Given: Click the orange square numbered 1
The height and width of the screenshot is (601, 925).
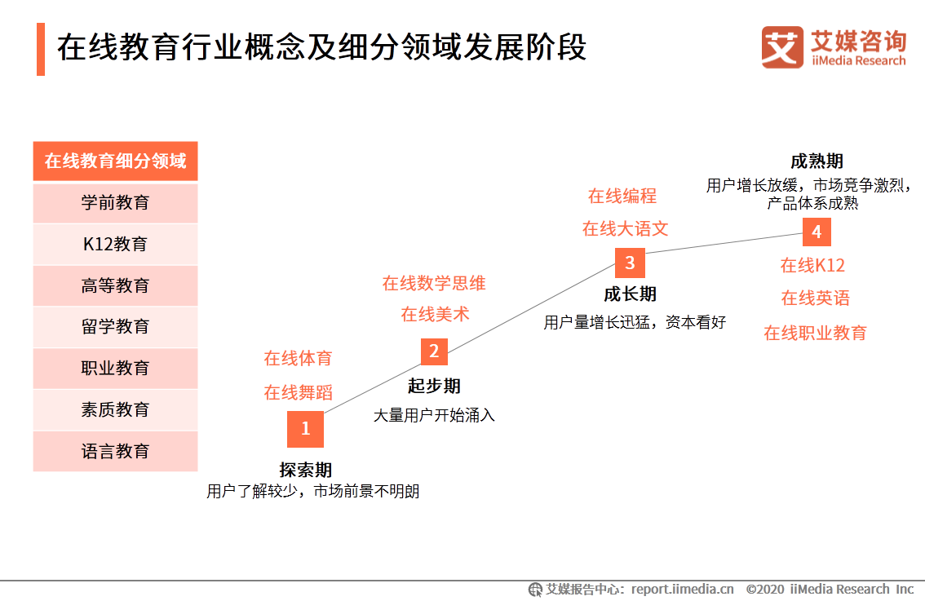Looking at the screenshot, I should coord(306,429).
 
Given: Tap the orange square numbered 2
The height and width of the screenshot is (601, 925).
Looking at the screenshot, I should coord(434,351).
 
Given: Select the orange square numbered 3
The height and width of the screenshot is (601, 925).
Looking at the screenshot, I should coord(630,263).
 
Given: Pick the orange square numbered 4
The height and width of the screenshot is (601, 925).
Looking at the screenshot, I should coord(816,232).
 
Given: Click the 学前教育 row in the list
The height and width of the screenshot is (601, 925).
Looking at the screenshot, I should coord(115,203).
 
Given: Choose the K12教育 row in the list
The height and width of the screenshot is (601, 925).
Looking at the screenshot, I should coord(115,244).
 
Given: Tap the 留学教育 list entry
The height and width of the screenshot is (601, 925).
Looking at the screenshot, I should coord(115,327).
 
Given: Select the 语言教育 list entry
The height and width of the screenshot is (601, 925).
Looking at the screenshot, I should coord(115,451).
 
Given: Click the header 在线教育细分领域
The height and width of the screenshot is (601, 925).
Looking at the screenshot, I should coord(115,161).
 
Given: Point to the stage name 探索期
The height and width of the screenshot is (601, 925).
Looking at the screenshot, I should coord(306,471).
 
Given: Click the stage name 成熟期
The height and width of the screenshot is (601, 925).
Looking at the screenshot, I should coord(817,161).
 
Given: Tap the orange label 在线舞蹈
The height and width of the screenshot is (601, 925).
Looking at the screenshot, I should coord(299,392).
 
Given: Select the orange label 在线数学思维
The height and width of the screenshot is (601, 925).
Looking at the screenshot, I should coord(434,284).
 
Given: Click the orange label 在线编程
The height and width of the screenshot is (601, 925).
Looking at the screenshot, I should coord(622,197).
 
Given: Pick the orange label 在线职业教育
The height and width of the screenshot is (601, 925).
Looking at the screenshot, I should coord(815,333).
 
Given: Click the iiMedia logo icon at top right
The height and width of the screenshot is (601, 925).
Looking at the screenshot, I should coord(781,47).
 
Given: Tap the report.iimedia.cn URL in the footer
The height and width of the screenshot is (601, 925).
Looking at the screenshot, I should coord(682,589).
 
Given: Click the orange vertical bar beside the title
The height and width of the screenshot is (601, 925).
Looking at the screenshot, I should coord(41,49).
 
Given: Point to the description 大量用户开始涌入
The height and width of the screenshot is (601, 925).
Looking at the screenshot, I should coord(434,415).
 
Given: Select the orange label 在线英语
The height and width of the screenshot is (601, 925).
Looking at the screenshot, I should coord(815,298).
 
